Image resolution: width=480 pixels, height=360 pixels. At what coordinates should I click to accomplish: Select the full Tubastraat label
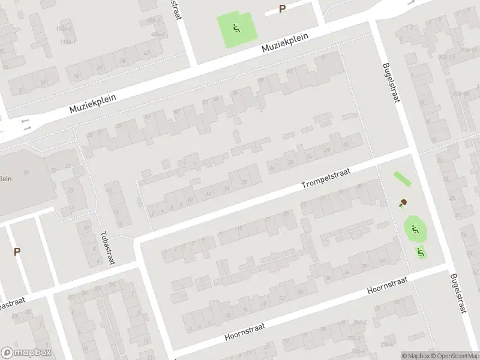[x=108, y=247]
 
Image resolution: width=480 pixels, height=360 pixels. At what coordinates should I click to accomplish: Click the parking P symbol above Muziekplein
[x=282, y=9]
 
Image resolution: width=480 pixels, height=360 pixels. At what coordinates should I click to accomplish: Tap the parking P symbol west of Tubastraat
[x=17, y=252]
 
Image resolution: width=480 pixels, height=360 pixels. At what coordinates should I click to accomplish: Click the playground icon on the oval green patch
[x=414, y=229]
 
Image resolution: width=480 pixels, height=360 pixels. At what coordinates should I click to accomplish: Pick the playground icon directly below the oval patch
[x=420, y=252]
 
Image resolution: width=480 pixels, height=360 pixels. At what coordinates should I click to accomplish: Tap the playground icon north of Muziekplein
[x=236, y=26]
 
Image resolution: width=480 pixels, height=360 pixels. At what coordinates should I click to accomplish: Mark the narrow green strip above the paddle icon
[x=401, y=179]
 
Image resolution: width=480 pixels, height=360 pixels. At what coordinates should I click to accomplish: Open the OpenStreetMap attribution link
[x=454, y=355]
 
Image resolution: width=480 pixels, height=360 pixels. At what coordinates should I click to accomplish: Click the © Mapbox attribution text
[x=415, y=355]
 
